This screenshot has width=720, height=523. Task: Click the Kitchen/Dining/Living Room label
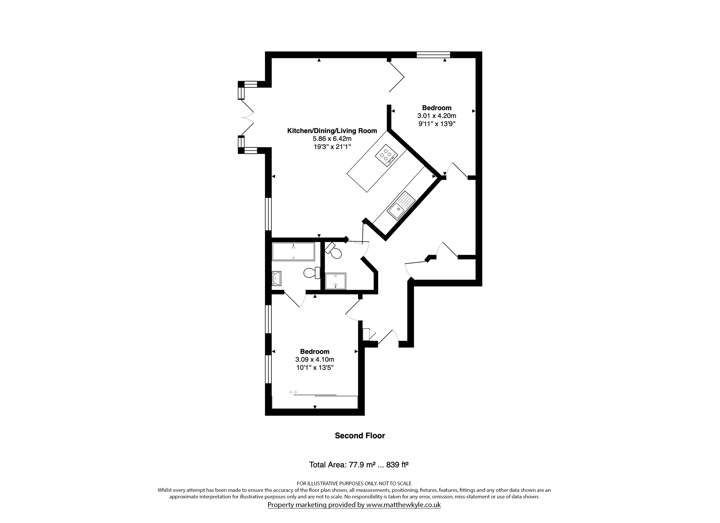(x=332, y=131)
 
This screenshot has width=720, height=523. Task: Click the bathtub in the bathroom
(x=293, y=251)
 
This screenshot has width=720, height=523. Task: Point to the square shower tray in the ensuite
(x=336, y=281)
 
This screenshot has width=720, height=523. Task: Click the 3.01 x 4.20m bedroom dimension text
(x=437, y=116)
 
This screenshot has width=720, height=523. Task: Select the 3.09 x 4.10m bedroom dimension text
(x=315, y=360)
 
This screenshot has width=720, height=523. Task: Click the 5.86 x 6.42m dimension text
(x=332, y=139)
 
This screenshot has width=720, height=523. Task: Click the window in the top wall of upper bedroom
(x=433, y=54)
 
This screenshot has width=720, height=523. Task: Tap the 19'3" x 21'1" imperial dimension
(x=332, y=147)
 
